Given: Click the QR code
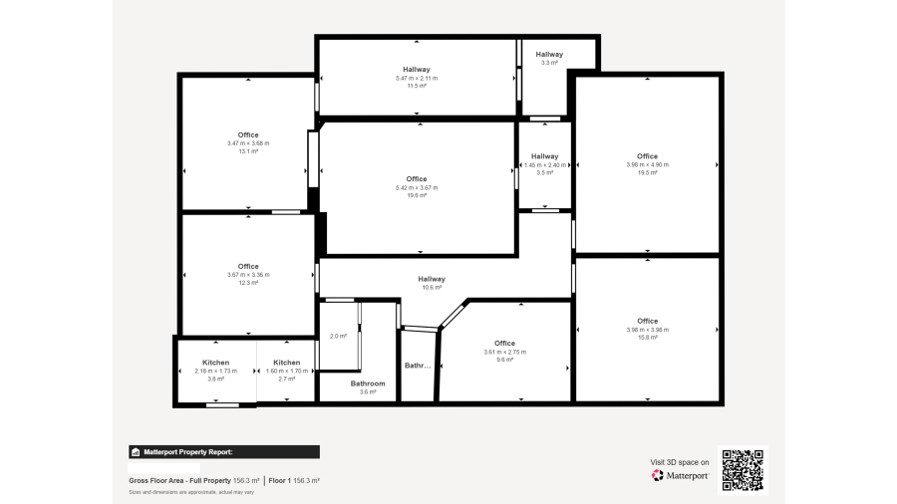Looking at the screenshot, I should (743, 469).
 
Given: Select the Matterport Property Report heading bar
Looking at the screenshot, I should (224, 451).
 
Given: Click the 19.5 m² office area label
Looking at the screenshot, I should (648, 172).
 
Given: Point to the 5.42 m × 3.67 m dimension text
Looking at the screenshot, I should (417, 187).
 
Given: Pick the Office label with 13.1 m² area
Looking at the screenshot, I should (248, 134).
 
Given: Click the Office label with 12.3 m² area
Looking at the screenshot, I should (248, 266).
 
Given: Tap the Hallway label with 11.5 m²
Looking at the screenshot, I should (417, 69).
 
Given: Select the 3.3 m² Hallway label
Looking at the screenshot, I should (549, 54).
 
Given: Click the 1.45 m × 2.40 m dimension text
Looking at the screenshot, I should (545, 164).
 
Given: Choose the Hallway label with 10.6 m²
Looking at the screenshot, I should (432, 279).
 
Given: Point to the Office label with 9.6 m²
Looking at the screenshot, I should (504, 343).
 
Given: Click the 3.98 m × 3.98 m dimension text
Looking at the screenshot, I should (648, 330).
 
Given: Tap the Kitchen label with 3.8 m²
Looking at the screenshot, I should (216, 363).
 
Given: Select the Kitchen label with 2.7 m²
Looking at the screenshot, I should (287, 363).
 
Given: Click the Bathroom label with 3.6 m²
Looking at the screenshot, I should (368, 383).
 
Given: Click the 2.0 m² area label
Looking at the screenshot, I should (338, 337).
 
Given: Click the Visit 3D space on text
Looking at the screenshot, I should (680, 462).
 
